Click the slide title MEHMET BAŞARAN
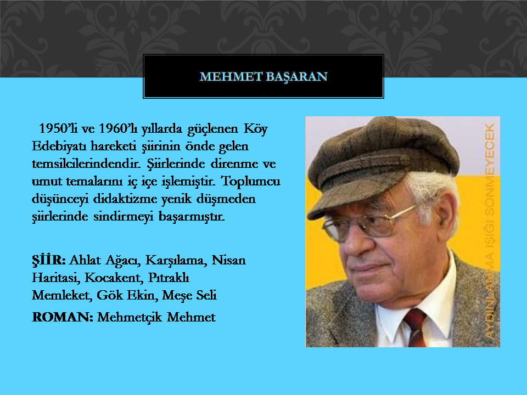[x=263, y=77]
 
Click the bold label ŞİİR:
[x=49, y=260]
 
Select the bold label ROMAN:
[x=63, y=317]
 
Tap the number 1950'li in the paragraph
[x=58, y=128]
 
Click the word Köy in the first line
[x=256, y=129]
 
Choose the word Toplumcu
[x=250, y=181]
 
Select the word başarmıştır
[x=192, y=217]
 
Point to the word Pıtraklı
[x=169, y=278]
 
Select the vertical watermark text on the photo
[x=490, y=232]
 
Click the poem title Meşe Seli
[x=189, y=296]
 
